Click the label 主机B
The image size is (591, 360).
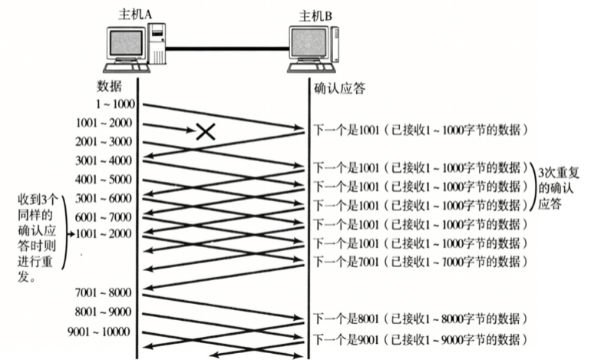[x=315, y=16]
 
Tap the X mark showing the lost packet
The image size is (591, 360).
[x=206, y=131]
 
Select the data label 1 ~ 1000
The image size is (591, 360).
[x=115, y=104]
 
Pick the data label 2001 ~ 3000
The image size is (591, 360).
[x=104, y=142]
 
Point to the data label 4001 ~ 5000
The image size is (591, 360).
[x=104, y=180]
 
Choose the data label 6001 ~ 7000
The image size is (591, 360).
[x=104, y=217]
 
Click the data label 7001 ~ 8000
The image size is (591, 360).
[x=104, y=292]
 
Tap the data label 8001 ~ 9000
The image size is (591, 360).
[x=104, y=312]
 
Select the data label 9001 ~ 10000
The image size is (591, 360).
[x=99, y=332]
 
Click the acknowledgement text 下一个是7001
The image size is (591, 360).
[x=346, y=262]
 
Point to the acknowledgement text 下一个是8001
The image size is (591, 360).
[x=346, y=319]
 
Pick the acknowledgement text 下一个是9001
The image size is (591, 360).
[x=346, y=339]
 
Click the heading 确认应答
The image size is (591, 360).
[x=339, y=88]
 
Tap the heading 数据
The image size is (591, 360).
[x=109, y=86]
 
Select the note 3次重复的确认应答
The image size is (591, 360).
[x=557, y=189]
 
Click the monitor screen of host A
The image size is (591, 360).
[x=126, y=43]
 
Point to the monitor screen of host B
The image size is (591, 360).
[x=309, y=42]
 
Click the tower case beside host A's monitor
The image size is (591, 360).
[x=157, y=43]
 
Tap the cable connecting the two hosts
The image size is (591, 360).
[x=227, y=48]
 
